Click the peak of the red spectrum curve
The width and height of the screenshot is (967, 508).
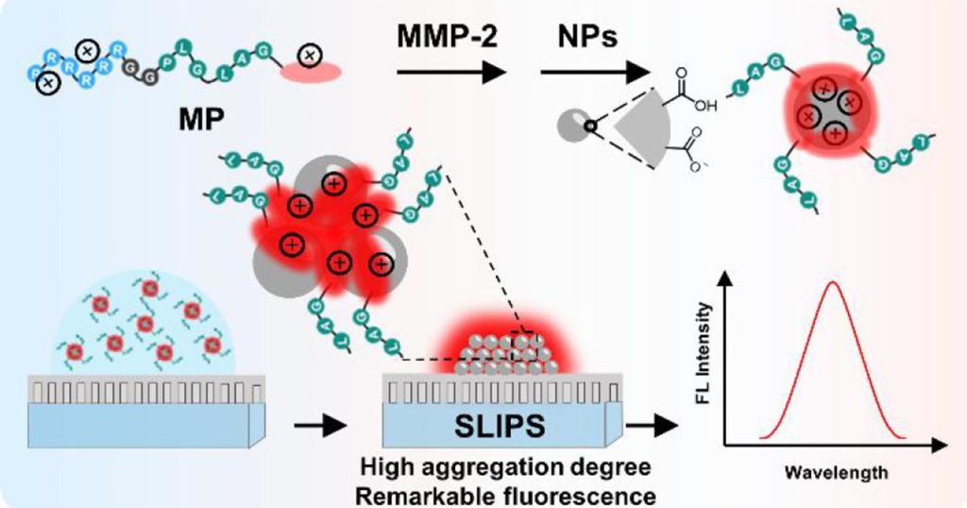832,281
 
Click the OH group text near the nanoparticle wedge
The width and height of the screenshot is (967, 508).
707,106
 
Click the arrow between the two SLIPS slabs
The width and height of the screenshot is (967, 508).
317,427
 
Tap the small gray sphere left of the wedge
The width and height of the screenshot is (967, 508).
574,124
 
